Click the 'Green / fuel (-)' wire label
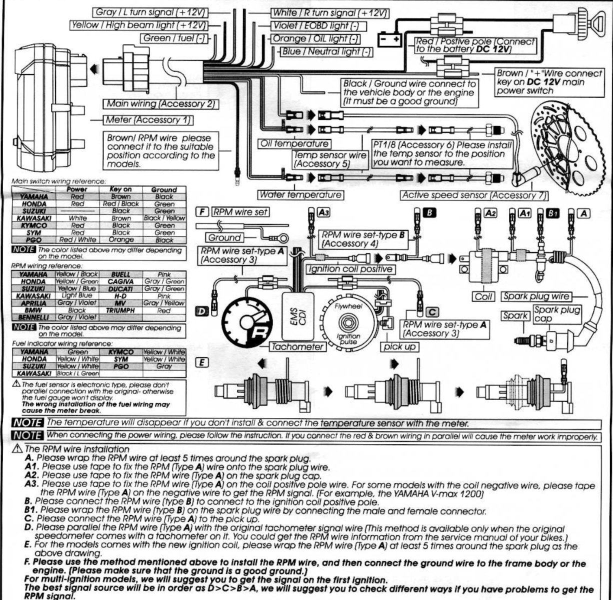175,38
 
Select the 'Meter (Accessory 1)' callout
148,120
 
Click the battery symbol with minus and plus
389,39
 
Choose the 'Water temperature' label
300,194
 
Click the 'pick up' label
399,346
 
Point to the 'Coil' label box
483,296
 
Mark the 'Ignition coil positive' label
349,269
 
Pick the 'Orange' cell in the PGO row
120,239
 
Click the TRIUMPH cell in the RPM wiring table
120,310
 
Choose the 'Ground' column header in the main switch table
163,190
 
